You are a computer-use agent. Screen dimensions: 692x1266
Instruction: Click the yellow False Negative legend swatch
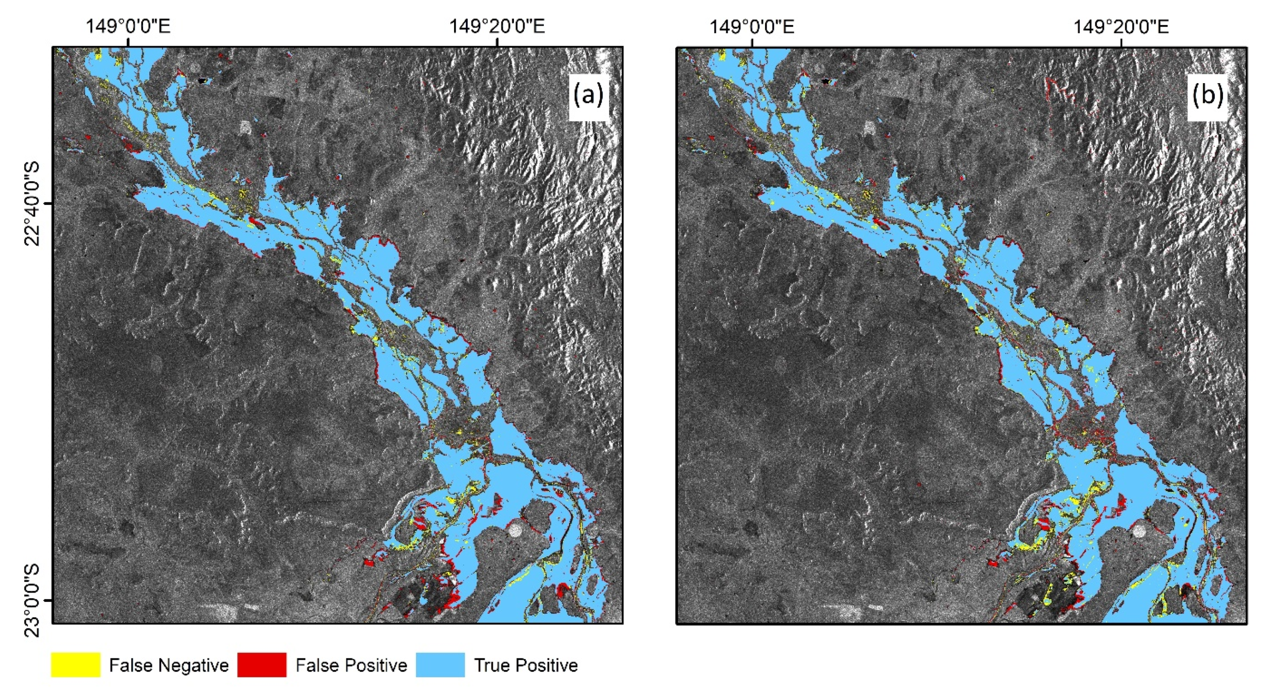(x=76, y=665)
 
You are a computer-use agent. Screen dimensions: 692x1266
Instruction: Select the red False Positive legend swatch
(x=262, y=665)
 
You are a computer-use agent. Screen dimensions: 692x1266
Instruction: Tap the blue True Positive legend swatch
(x=440, y=665)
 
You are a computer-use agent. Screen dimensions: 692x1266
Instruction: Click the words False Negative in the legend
(x=168, y=665)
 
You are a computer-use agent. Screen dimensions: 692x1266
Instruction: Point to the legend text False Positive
(x=351, y=665)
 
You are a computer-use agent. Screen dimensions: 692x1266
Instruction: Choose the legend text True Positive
(x=526, y=665)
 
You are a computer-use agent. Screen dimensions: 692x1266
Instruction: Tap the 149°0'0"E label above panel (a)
(x=128, y=26)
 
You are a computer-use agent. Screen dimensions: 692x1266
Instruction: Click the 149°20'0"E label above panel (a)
(x=497, y=26)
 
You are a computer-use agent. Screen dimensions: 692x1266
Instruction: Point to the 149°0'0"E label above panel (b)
(x=751, y=26)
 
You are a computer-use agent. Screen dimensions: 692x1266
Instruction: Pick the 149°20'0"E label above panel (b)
(x=1120, y=26)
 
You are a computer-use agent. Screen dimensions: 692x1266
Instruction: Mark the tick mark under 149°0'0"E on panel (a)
(x=128, y=43)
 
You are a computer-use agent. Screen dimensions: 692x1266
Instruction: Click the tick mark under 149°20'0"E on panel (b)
(x=1121, y=43)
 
